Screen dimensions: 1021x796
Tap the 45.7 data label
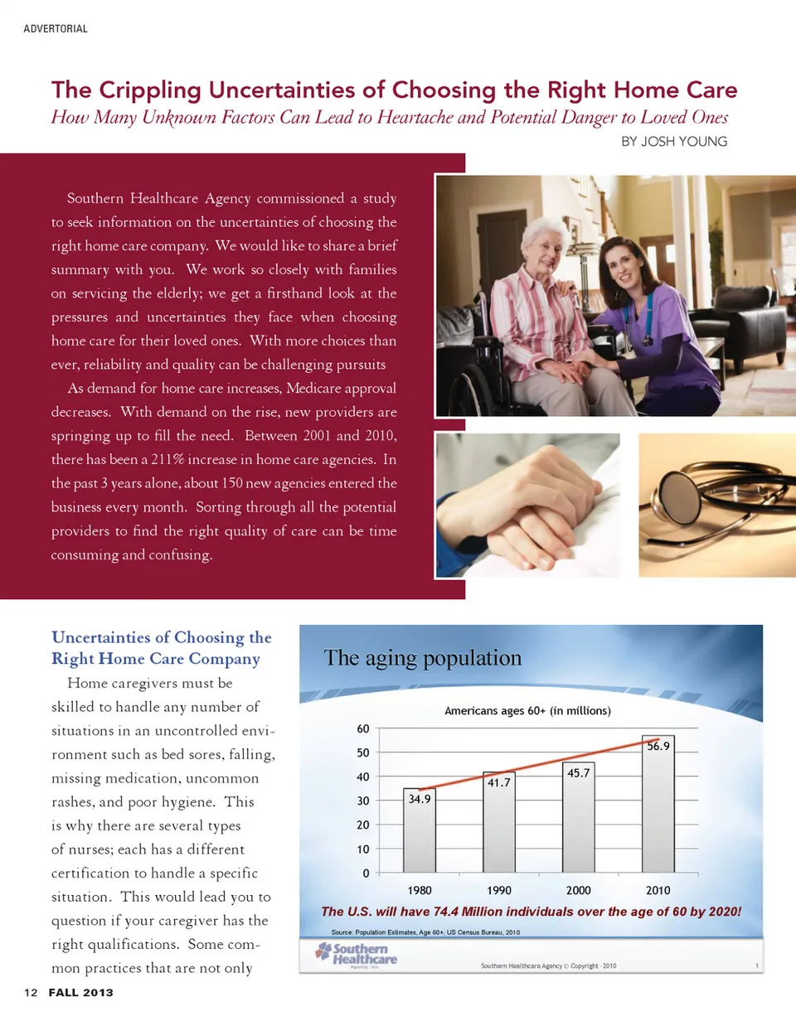point(578,772)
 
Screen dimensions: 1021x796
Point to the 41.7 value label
point(498,781)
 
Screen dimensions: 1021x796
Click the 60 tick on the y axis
point(363,728)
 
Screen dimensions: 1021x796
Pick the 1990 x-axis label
point(499,890)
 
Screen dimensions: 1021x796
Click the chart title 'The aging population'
point(422,658)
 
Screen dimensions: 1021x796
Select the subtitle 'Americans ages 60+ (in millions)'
point(527,710)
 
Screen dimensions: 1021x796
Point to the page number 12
point(32,992)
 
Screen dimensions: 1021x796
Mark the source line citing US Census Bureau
point(425,932)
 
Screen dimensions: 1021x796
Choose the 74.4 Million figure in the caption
point(485,912)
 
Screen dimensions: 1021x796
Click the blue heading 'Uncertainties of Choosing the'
point(162,637)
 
